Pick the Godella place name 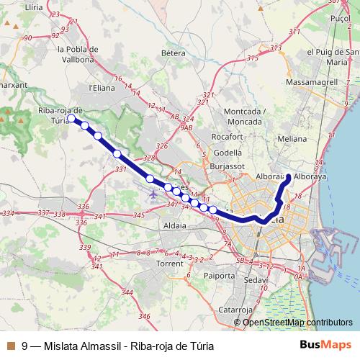[228, 153]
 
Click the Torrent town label [170, 264]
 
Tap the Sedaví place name [256, 279]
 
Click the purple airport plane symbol [152, 194]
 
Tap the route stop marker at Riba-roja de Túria [71, 118]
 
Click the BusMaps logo [330, 344]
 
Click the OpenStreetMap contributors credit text [297, 322]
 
